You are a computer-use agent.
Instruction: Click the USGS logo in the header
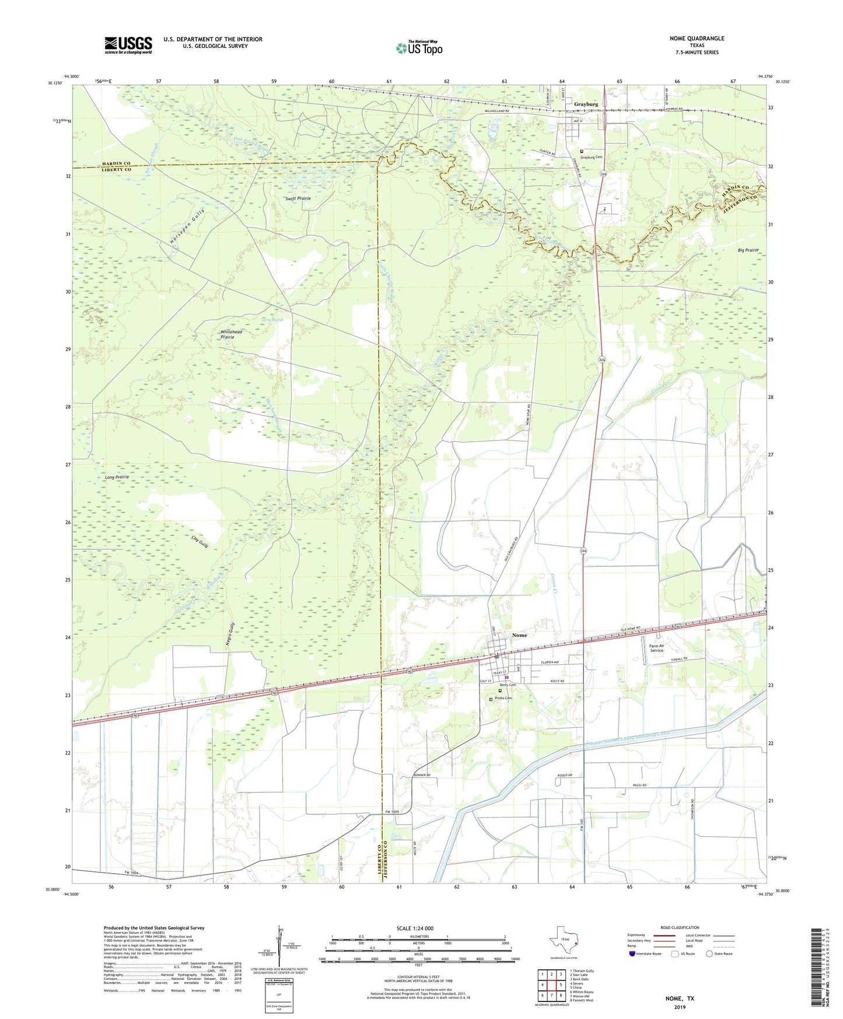(x=128, y=44)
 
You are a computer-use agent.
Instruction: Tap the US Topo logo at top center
(x=419, y=48)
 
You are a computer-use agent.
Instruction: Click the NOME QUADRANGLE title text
(x=697, y=39)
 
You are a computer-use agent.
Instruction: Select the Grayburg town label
(x=586, y=104)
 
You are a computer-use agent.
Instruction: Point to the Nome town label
(x=519, y=635)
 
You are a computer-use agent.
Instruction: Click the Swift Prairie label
(x=298, y=198)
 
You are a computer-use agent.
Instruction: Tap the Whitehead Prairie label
(x=231, y=334)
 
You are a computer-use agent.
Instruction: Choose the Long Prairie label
(x=117, y=477)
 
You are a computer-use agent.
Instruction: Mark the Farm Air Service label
(x=657, y=648)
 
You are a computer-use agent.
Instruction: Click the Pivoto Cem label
(x=503, y=699)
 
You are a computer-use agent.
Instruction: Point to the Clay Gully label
(x=200, y=541)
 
